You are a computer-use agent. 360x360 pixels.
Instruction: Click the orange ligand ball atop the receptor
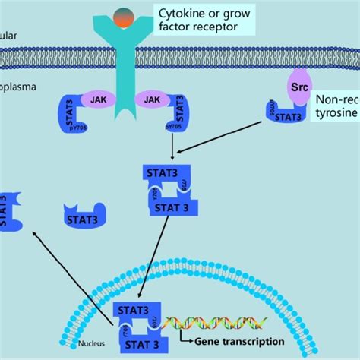point(122,16)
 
